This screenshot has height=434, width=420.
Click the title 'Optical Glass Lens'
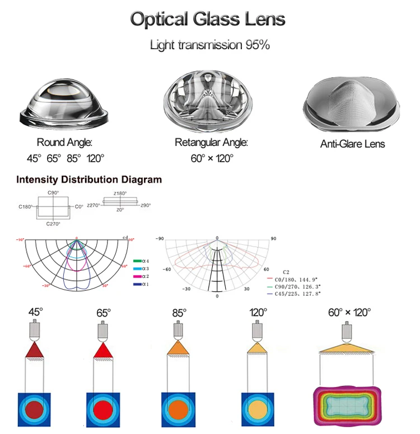[208, 20]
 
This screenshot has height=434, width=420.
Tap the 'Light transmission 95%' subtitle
[209, 45]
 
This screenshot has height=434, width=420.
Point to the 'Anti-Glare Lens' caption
[352, 144]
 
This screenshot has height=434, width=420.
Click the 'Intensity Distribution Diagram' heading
[89, 180]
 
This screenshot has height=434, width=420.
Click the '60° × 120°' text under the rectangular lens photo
[212, 158]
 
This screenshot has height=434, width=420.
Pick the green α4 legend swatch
[137, 261]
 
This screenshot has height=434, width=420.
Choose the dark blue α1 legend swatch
[137, 284]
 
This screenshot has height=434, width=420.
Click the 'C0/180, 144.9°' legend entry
[297, 277]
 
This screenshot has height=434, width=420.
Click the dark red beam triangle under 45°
[34, 351]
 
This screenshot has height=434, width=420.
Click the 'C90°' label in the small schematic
[54, 193]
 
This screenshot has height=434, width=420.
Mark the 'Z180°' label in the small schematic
[120, 193]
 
